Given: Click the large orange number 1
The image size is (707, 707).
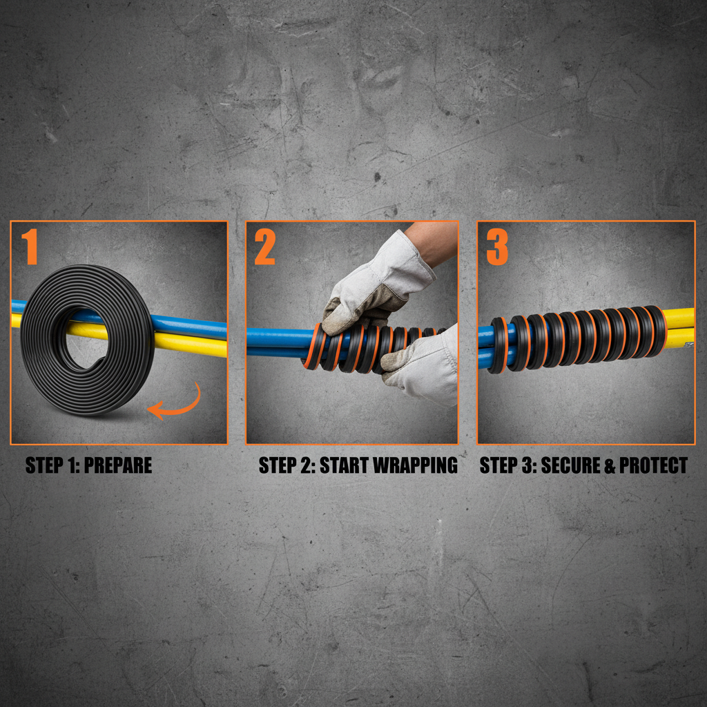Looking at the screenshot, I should coord(29,246).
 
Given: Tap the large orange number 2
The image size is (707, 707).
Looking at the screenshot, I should coord(264,246).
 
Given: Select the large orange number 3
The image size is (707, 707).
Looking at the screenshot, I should coord(497,246).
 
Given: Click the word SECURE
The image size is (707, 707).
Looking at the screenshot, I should coord(561,465).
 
